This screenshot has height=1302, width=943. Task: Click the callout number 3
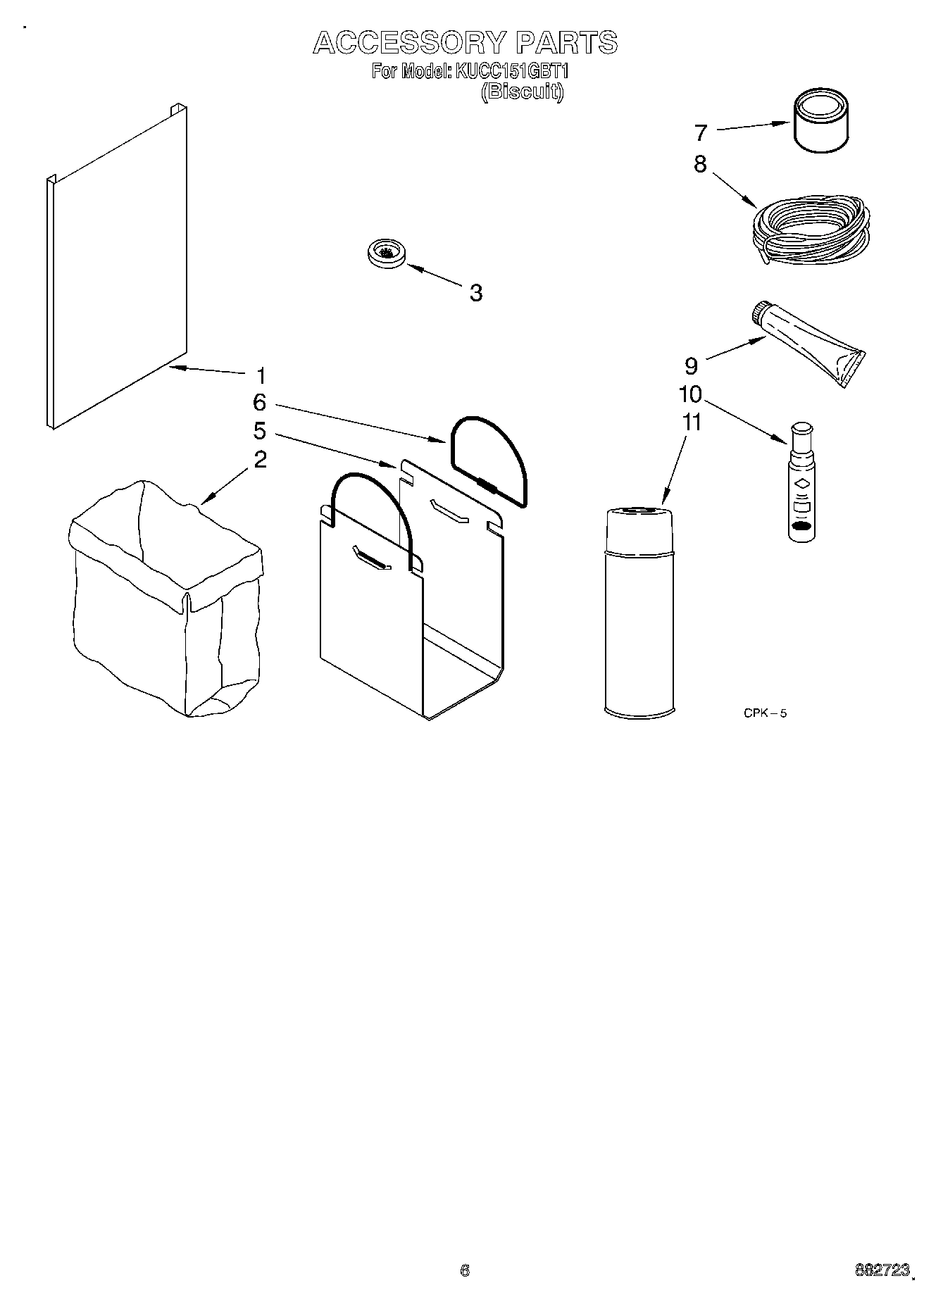click(x=476, y=293)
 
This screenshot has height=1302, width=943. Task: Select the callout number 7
click(x=700, y=132)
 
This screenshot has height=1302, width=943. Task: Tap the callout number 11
click(x=692, y=422)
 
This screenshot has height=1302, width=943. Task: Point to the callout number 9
click(x=691, y=365)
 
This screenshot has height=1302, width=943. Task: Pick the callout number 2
click(x=260, y=460)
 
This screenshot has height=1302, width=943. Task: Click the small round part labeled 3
click(x=386, y=253)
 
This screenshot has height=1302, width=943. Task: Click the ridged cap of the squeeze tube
click(x=761, y=312)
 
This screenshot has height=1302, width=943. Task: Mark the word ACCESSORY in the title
click(x=409, y=43)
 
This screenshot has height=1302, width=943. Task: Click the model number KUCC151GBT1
click(x=513, y=72)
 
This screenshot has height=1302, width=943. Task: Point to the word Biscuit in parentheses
click(x=522, y=92)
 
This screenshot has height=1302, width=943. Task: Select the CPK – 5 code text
click(x=765, y=713)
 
